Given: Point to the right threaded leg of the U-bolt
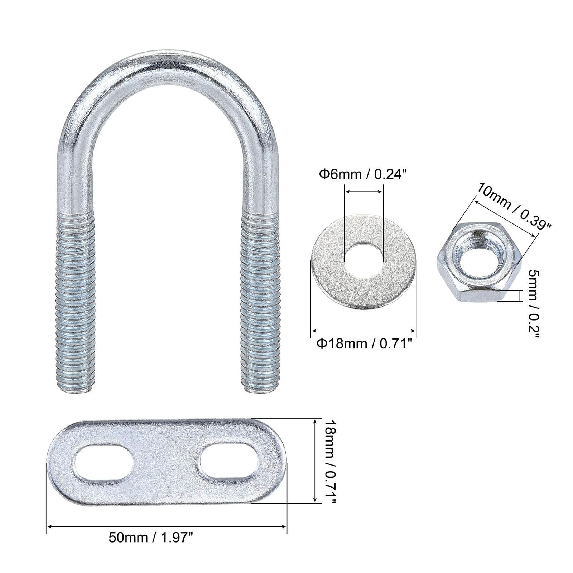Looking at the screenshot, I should coord(260,301).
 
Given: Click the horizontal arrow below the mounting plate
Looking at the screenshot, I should coord(167,526).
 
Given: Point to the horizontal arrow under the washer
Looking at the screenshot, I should coord(363,331).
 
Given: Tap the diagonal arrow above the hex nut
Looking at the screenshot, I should coord(505,219).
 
